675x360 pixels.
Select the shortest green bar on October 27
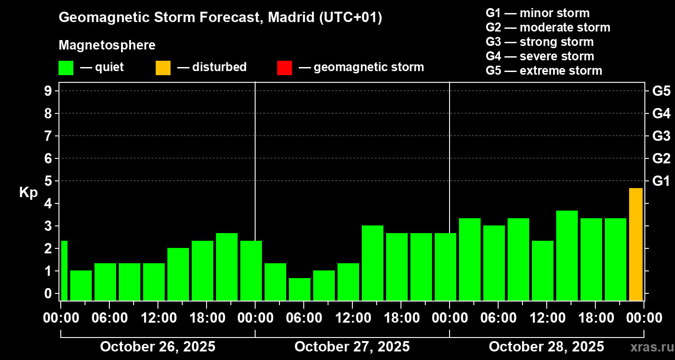(x=300, y=289)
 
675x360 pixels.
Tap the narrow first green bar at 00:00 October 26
(x=64, y=270)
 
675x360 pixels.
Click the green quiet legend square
(x=66, y=67)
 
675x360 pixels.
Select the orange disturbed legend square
(x=163, y=67)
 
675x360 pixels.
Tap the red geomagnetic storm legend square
(x=284, y=67)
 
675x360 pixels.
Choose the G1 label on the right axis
(x=661, y=181)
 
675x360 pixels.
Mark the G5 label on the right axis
(x=661, y=91)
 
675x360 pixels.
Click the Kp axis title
(x=28, y=193)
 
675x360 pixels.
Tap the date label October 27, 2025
(x=352, y=346)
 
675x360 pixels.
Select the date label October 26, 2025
(x=157, y=346)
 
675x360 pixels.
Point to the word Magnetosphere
(x=107, y=45)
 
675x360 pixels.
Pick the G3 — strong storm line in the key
(x=540, y=42)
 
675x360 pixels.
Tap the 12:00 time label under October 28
(x=546, y=318)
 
